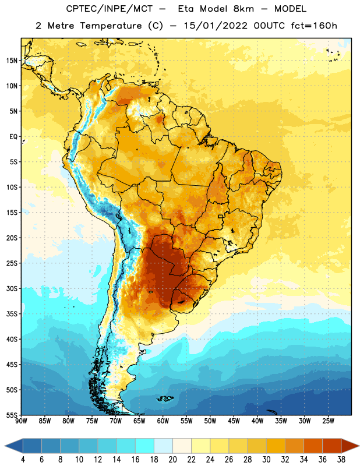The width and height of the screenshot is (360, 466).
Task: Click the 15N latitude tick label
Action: click(x=12, y=61)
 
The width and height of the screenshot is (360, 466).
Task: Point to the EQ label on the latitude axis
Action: click(x=13, y=137)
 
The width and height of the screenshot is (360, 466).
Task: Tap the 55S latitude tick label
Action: click(x=12, y=415)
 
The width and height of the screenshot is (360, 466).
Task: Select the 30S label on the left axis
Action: click(x=12, y=288)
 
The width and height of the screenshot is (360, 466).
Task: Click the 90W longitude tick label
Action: click(x=21, y=421)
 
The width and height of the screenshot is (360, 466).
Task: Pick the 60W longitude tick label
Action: click(x=163, y=421)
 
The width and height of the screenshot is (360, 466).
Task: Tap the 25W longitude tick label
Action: click(x=328, y=421)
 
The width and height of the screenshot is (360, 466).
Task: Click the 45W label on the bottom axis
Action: click(x=234, y=421)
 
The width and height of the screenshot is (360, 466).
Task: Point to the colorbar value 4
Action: click(x=23, y=460)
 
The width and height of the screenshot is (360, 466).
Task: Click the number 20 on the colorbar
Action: click(x=172, y=460)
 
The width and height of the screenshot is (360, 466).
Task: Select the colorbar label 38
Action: click(x=341, y=460)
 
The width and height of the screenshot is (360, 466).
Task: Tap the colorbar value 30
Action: click(x=266, y=460)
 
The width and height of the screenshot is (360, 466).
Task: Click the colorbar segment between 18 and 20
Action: click(x=163, y=446)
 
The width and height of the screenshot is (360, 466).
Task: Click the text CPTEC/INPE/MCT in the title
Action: click(x=110, y=9)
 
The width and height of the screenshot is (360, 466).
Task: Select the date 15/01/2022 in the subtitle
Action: click(x=216, y=26)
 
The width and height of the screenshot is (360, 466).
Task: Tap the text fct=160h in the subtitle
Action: click(x=314, y=26)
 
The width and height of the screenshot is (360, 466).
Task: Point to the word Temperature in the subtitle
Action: click(x=111, y=26)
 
